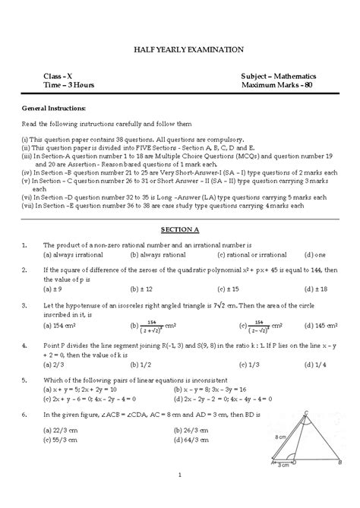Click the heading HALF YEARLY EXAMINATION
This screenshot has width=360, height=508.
coord(179,49)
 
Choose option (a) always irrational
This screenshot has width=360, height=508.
coord(74,255)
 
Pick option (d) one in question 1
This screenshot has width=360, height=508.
coord(314,255)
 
